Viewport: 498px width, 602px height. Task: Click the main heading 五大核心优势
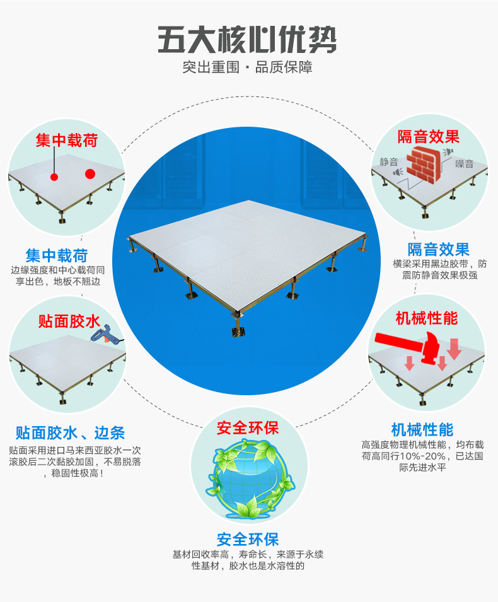pos(247,39)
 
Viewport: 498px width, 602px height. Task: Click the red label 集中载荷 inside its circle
pos(67,140)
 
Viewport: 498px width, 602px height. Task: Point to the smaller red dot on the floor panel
pos(55,177)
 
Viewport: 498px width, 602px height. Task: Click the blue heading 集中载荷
pos(57,255)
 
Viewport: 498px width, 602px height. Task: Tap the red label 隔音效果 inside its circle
pos(429,137)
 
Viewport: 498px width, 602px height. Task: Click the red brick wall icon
pos(424,163)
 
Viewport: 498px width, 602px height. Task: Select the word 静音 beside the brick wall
pos(389,161)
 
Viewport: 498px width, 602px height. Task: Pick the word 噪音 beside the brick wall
pos(465,164)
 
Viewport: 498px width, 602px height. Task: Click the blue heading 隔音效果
pos(439,249)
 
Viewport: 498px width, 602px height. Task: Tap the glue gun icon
pos(105,335)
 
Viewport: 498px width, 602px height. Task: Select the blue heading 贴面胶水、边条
pos(71,433)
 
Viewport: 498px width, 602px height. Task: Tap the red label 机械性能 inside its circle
pos(426,318)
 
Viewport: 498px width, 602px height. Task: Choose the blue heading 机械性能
pos(422,430)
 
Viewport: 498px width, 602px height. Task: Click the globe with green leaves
pos(249,479)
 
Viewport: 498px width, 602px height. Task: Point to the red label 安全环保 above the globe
pos(248,429)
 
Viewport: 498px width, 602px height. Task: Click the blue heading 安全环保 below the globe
pos(248,539)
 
